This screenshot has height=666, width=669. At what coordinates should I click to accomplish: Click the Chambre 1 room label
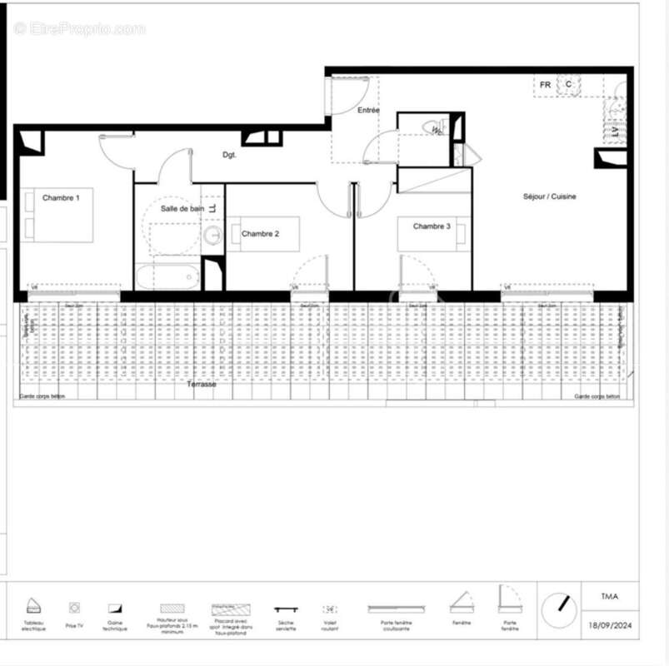(x=61, y=197)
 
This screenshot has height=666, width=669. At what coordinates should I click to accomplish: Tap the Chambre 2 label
(x=260, y=234)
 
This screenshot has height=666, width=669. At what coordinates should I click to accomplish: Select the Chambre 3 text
(x=432, y=226)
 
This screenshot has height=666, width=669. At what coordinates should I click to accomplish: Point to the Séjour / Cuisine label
(x=549, y=196)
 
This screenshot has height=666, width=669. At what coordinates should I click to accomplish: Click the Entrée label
(x=368, y=110)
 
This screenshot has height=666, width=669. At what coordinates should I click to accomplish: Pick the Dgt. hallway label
(x=230, y=155)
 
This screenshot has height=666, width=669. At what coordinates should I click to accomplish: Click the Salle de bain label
(x=182, y=209)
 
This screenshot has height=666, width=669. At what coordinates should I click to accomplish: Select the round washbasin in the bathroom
(x=213, y=236)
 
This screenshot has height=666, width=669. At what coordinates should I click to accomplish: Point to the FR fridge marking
(x=545, y=85)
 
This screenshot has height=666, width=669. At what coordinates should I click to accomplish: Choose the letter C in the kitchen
(x=569, y=84)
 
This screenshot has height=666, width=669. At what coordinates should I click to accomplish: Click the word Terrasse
(x=202, y=384)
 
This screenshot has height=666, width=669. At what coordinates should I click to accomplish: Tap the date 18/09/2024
(x=610, y=625)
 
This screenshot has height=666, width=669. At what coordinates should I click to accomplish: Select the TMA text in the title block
(x=610, y=596)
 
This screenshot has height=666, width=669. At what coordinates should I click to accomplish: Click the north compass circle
(x=559, y=612)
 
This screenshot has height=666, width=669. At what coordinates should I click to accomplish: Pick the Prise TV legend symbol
(x=74, y=608)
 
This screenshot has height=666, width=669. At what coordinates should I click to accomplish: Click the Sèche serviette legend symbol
(x=286, y=609)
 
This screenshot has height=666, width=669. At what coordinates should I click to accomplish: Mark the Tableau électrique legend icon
(x=33, y=605)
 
